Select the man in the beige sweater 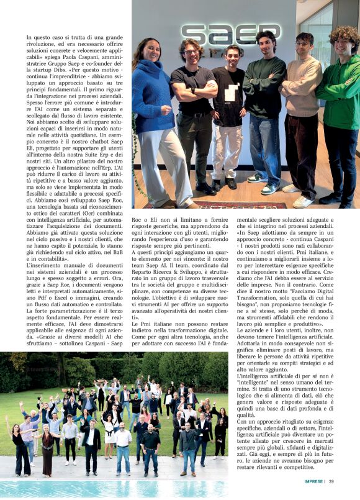tap(304, 118)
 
